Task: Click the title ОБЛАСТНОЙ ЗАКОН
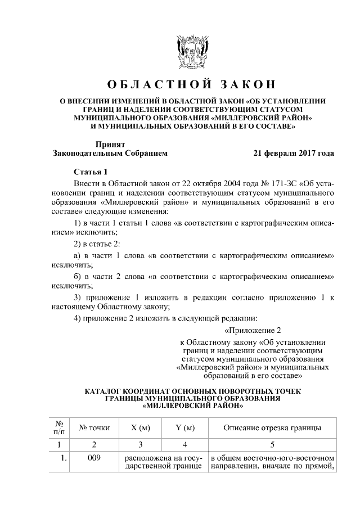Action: (192, 84)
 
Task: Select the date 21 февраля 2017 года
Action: (294, 152)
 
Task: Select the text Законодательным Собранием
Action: (110, 152)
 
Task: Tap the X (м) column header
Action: (141, 428)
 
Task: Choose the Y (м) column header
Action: (185, 428)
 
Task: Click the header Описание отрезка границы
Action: (272, 428)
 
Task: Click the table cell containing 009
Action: (94, 458)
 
